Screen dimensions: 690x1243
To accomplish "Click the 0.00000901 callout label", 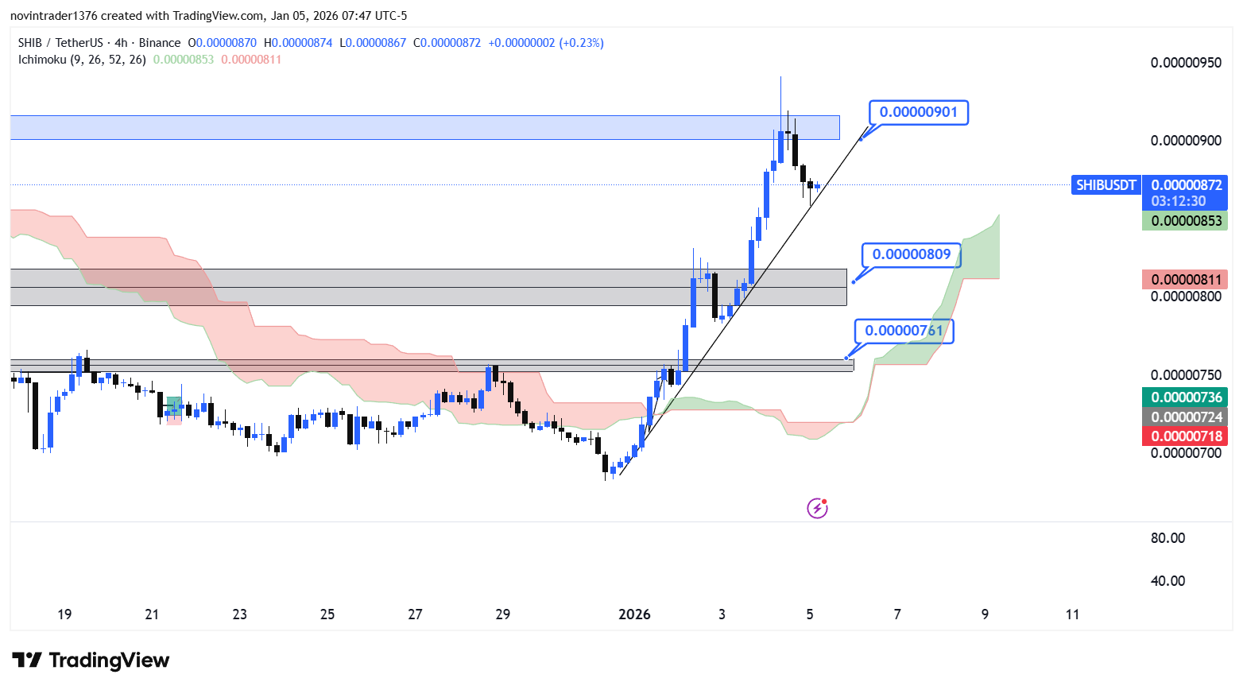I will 918,112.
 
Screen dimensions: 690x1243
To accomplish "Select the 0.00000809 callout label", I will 911,254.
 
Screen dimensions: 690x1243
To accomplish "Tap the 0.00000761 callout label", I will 904,331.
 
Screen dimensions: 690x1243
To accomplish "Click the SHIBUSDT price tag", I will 1106,185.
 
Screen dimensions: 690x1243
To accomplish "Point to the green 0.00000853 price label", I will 1186,221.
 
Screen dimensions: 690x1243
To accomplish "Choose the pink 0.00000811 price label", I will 1186,280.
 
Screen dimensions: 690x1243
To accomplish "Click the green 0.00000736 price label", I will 1186,397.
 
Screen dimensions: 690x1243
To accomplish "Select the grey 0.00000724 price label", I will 1186,417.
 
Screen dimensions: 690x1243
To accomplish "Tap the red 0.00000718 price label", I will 1186,436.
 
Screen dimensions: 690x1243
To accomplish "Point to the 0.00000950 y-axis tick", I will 1186,63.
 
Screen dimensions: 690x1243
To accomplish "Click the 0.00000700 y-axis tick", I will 1186,453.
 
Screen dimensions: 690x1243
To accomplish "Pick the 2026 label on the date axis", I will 634,614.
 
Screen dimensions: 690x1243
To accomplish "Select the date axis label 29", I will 502,614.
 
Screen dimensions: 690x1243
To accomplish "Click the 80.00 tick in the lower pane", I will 1167,538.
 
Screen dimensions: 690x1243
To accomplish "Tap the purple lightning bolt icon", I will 817,508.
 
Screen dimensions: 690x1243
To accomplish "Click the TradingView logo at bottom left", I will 91,661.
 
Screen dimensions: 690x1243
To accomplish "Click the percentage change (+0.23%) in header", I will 581,43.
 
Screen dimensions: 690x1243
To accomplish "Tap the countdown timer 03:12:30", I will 1178,202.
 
